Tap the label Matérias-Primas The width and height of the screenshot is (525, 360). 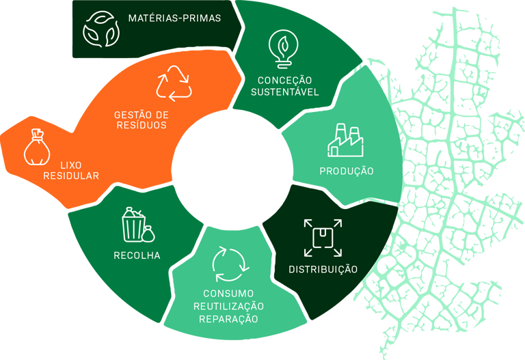click(x=174, y=18)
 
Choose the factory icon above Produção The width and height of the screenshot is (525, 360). click(x=345, y=141)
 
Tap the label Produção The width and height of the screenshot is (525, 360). click(x=347, y=171)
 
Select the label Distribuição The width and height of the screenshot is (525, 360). click(x=323, y=269)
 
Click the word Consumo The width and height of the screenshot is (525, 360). click(x=228, y=294)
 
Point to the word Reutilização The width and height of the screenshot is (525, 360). click(x=228, y=306)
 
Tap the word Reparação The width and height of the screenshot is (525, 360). click(x=228, y=318)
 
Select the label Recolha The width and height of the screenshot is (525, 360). click(x=137, y=255)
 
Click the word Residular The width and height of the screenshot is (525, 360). click(x=70, y=176)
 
